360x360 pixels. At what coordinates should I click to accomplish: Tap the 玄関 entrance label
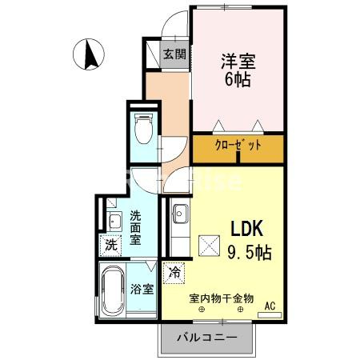coord(174,54)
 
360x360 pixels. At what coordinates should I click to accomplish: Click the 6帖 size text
coord(238,78)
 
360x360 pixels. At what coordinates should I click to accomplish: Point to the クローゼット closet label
coord(238,147)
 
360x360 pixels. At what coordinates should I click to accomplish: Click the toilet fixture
coord(143,129)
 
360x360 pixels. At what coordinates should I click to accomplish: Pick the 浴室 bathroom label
coord(142,289)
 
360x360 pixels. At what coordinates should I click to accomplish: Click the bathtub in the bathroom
coord(111,291)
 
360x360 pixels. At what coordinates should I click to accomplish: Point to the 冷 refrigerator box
coord(174,272)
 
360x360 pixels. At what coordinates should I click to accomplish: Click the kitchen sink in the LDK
coord(180,215)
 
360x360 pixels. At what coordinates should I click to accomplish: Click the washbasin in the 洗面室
coord(112,216)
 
